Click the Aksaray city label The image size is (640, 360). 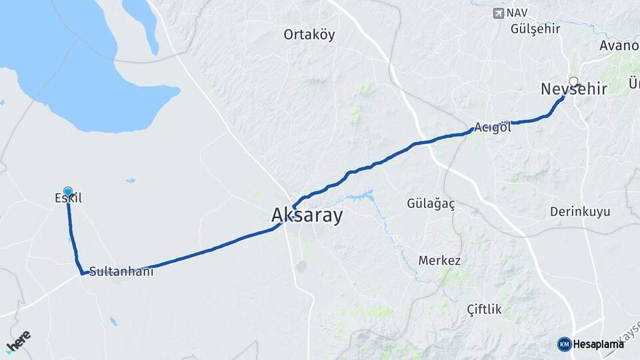click(x=307, y=215)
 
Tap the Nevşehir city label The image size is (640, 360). click(x=573, y=89)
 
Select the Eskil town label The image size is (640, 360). click(x=68, y=198)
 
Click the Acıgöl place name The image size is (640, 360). click(x=493, y=127)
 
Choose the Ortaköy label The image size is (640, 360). click(x=309, y=34)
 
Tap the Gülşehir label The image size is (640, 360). click(x=535, y=29)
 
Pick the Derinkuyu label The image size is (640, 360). click(x=580, y=212)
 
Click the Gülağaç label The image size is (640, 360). click(x=431, y=204)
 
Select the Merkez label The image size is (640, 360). click(x=439, y=260)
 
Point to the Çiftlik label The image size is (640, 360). click(x=485, y=309)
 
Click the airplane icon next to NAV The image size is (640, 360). click(x=498, y=13)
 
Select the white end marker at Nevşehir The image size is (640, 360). click(x=573, y=81)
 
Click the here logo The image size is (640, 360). click(x=18, y=341)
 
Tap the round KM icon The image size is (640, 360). click(x=564, y=344)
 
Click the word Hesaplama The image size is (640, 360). click(x=598, y=344)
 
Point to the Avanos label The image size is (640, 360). click(x=619, y=45)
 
